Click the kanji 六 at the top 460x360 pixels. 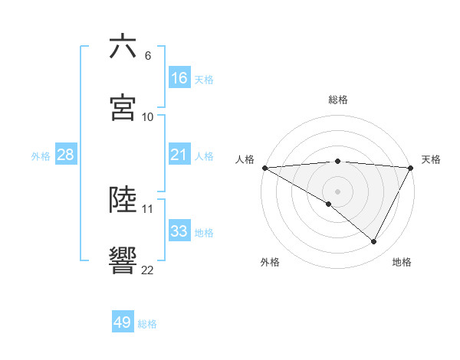123,47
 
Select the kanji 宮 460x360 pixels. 123,108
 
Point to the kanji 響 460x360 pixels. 123,260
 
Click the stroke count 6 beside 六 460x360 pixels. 147,56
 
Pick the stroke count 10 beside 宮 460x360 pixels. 148,116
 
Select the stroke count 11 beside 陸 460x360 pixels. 148,208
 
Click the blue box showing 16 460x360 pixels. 179,78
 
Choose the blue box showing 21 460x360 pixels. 179,155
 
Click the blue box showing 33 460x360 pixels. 179,231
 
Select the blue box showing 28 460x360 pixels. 66,155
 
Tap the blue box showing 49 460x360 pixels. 123,322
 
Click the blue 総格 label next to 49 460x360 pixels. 148,324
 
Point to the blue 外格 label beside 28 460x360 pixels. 41,156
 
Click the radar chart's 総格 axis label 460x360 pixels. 337,100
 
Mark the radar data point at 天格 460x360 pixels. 411,168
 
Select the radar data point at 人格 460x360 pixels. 264,168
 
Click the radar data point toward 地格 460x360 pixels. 374,242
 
